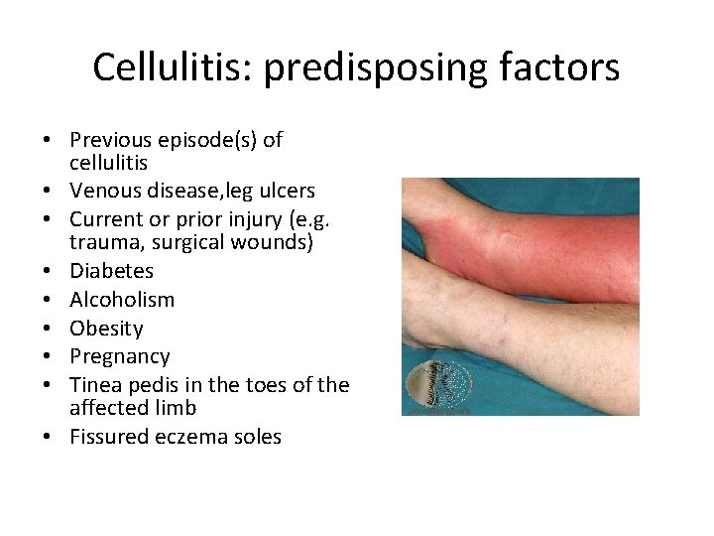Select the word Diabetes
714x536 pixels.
point(112,271)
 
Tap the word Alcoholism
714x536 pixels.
point(122,300)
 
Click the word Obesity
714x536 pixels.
point(106,329)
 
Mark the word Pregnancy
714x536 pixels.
point(120,356)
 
